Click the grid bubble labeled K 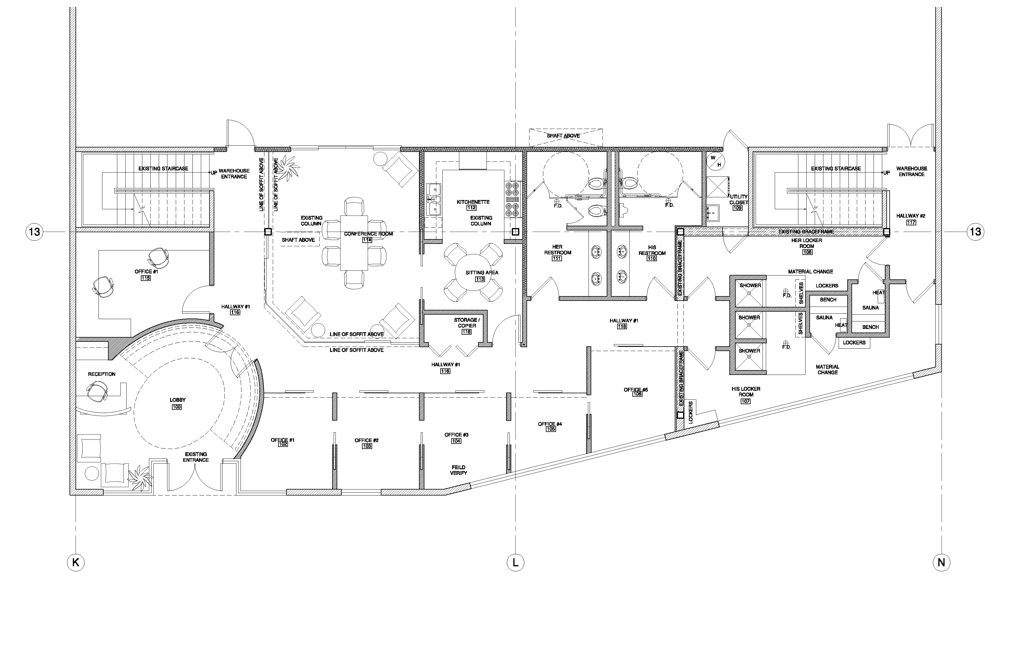click(x=76, y=562)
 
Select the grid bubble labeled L click(x=515, y=562)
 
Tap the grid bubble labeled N click(x=941, y=562)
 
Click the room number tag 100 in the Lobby click(x=177, y=407)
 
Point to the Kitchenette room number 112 click(x=471, y=208)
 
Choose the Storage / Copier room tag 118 click(x=466, y=332)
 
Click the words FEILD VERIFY click(x=458, y=470)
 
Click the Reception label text click(x=101, y=374)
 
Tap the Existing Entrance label click(x=196, y=457)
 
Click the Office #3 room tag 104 click(x=456, y=441)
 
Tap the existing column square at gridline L click(x=515, y=232)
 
